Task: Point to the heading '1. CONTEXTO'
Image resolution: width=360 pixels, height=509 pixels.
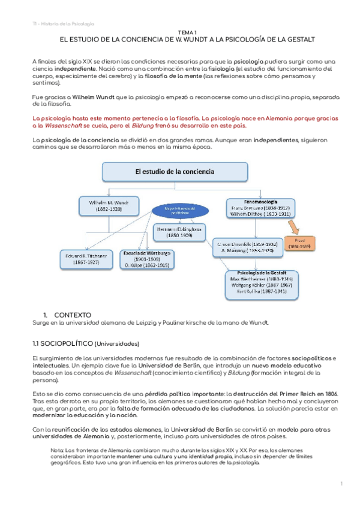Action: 67,315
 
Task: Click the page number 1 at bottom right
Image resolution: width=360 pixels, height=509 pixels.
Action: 341,484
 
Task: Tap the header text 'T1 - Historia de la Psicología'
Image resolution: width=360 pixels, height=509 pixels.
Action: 63,23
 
